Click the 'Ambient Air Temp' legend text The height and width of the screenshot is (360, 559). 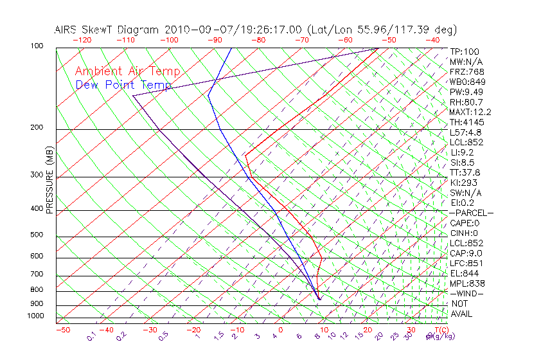pos(127,71)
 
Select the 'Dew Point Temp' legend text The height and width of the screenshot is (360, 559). pos(123,85)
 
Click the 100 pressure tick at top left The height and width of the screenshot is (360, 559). pos(37,46)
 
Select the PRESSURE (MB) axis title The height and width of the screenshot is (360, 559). pos(50,181)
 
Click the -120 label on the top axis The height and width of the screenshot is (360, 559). pos(82,40)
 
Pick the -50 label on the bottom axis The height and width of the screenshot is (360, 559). pos(62,330)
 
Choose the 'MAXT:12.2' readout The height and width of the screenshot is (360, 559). pos(471,112)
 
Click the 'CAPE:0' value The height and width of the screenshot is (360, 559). pos(465,223)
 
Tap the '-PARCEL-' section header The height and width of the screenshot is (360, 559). pos(471,213)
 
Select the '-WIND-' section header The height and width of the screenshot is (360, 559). pos(466,293)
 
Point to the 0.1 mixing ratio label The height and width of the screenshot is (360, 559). pos(92,336)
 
